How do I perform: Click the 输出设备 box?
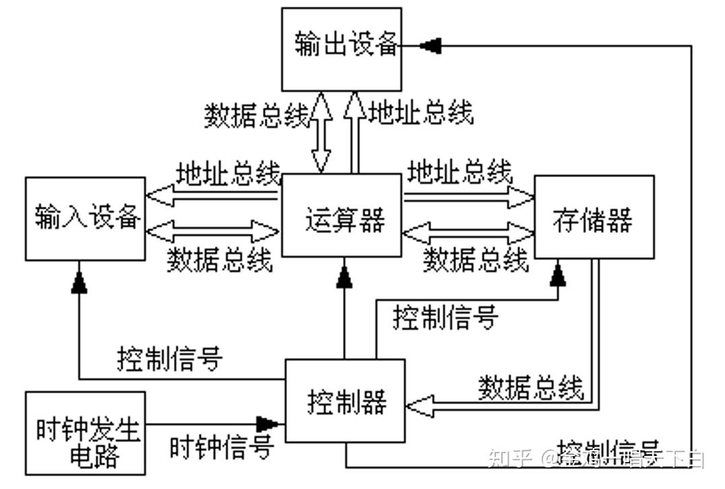coord(342,49)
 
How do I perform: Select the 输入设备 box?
coord(86,219)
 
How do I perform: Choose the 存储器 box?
coord(594,217)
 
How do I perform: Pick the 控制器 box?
coord(346,401)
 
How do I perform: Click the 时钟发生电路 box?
coord(86,433)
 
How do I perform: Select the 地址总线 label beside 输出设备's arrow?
coord(421,112)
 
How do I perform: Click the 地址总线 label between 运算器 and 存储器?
coord(460,172)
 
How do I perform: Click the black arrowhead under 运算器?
coord(345,275)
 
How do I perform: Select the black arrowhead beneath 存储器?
coord(558,273)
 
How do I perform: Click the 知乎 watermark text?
coord(507,459)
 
